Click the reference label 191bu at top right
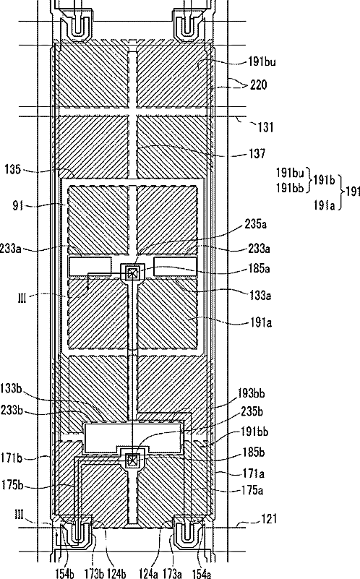262,61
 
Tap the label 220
259,85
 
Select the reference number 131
265,127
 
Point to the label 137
257,153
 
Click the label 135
12,169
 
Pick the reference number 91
18,205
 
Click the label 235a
255,224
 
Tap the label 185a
259,268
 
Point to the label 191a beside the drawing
261,322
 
